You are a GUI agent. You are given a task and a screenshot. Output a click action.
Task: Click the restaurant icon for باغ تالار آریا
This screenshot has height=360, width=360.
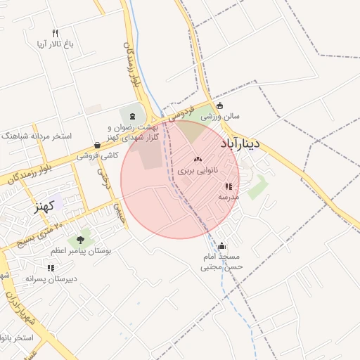click(x=56, y=33)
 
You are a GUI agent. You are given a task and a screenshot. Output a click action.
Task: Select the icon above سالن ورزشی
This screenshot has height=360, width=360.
click(x=221, y=106)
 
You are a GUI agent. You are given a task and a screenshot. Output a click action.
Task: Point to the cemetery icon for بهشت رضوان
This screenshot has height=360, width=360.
click(x=132, y=115)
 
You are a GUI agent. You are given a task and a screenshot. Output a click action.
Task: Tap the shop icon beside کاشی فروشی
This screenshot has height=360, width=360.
click(x=96, y=145)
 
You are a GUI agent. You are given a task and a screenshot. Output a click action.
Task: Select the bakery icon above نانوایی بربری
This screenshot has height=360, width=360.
click(x=197, y=160)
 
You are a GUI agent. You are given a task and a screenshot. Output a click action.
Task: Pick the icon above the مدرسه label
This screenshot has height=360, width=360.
click(x=229, y=187)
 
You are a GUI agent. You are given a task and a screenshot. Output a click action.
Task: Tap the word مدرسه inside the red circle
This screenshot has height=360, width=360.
click(x=229, y=198)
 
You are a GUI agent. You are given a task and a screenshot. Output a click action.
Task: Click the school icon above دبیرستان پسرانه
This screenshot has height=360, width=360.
click(x=50, y=268)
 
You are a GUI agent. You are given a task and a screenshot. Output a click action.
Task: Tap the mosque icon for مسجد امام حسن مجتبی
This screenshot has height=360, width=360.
click(x=222, y=246)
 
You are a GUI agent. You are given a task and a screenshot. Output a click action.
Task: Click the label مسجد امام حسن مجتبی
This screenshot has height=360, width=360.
click(x=221, y=262)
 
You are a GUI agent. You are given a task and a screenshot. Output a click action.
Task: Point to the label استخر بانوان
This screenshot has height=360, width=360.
click(x=17, y=338)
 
